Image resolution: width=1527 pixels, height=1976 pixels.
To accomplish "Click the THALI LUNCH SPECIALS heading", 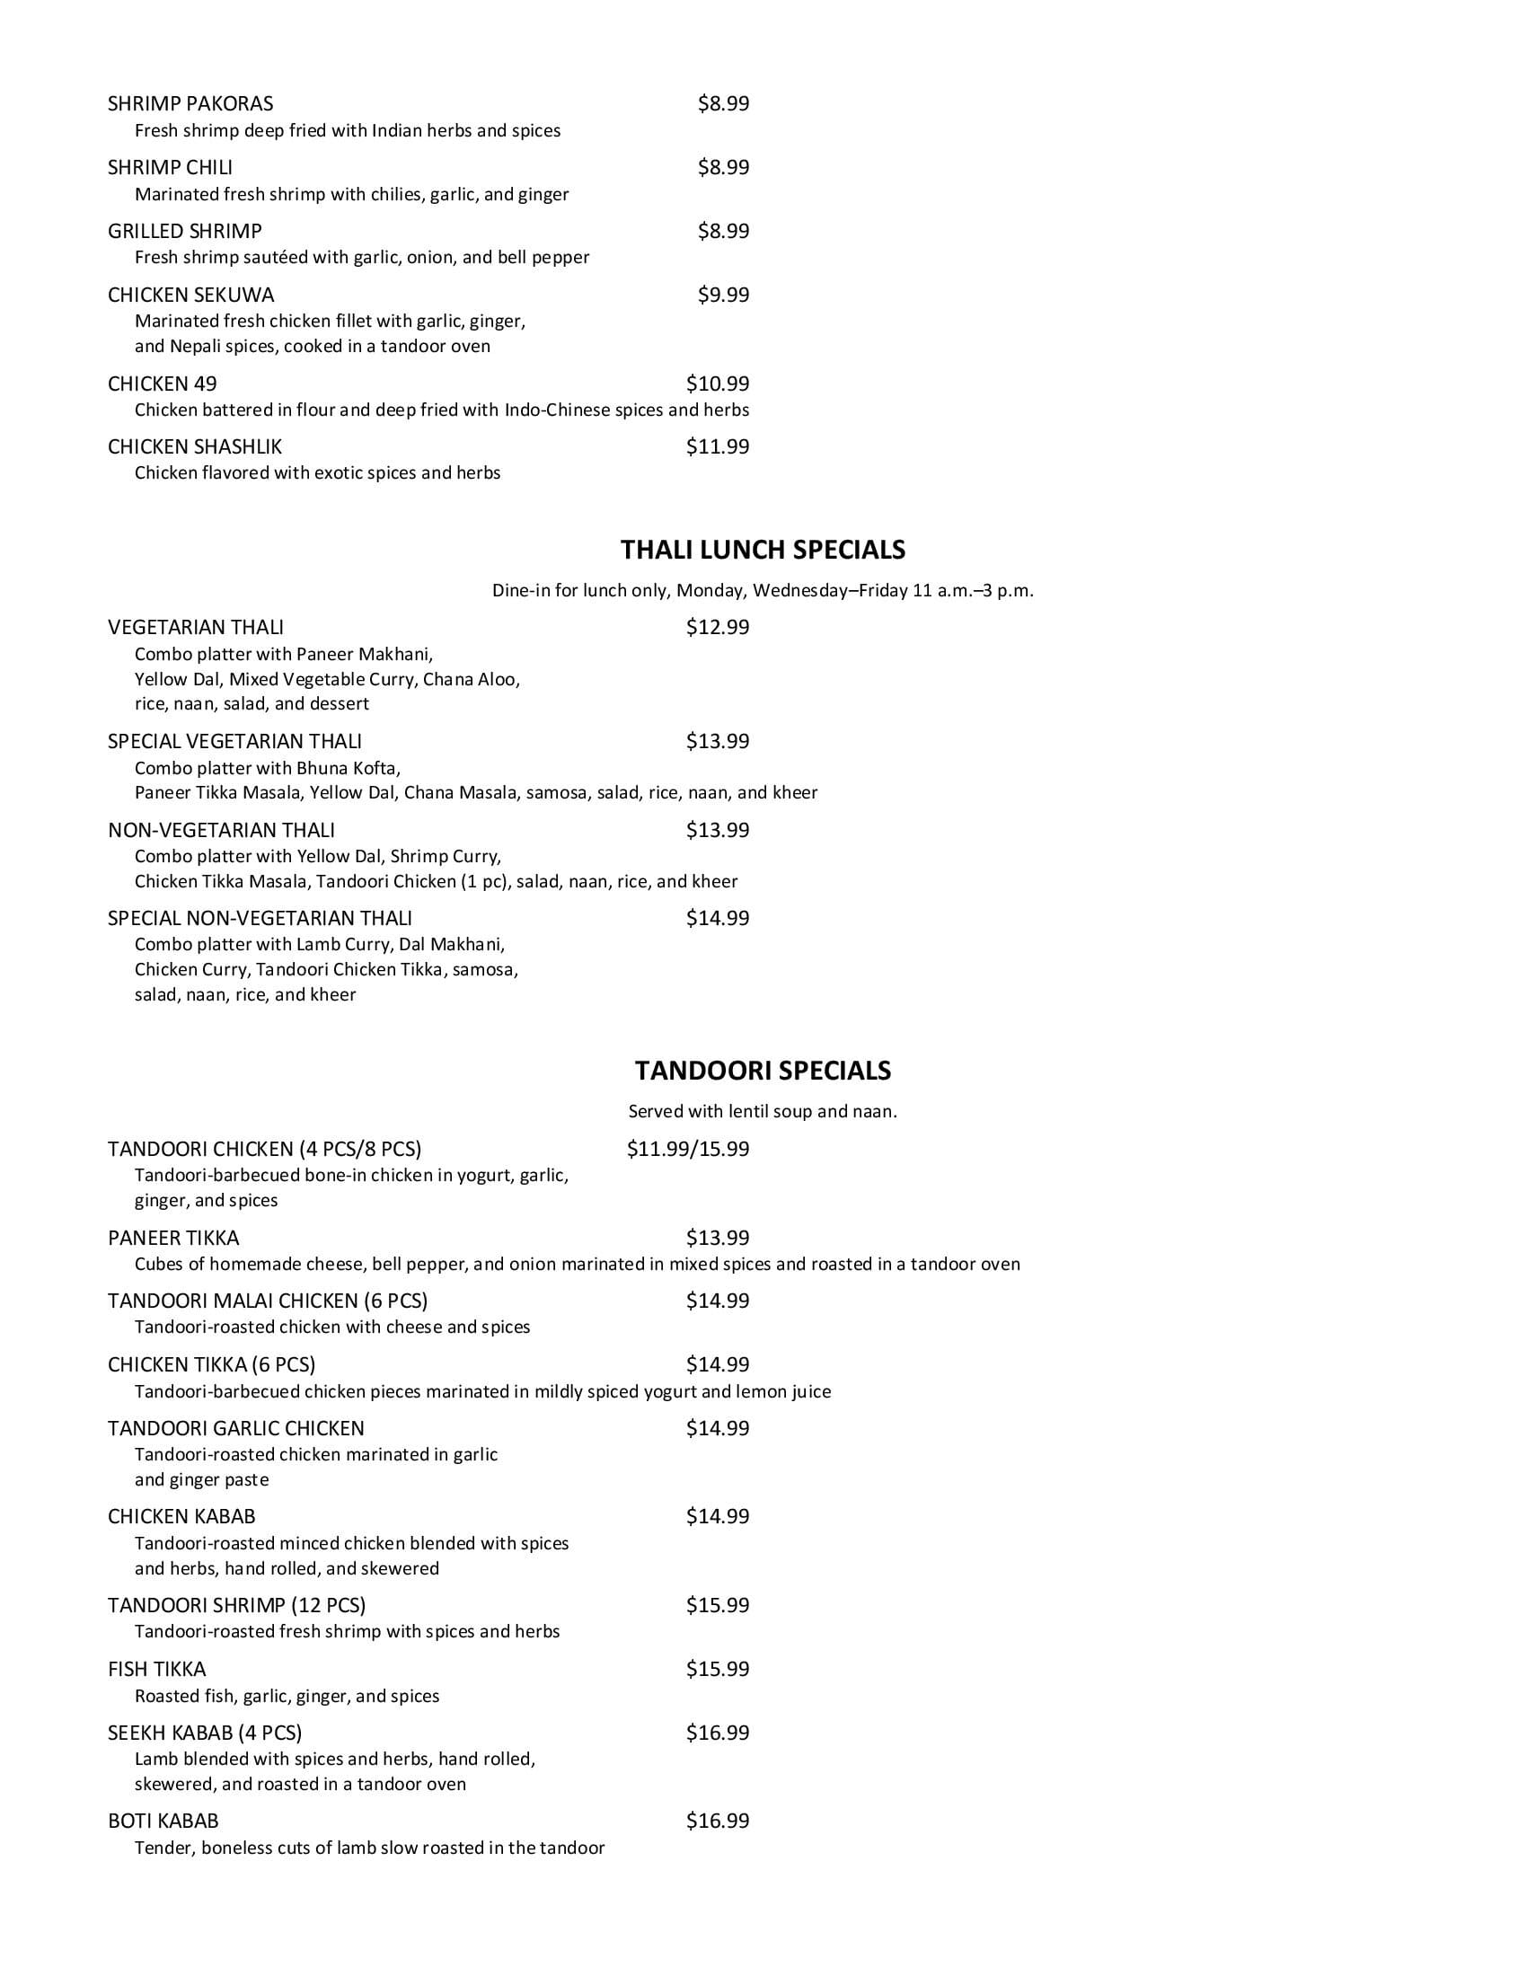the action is (763, 549).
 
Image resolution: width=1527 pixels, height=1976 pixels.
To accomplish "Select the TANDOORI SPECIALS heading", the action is (763, 1071).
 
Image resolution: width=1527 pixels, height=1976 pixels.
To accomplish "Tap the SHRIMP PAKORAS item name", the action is (190, 103).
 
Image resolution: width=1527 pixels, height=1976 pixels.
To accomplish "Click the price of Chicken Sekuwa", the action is (723, 294).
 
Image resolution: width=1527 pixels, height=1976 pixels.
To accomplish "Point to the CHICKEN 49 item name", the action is (162, 384).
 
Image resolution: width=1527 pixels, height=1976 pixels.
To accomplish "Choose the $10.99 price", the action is (718, 383).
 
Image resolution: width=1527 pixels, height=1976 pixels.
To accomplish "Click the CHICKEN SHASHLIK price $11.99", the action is (718, 446).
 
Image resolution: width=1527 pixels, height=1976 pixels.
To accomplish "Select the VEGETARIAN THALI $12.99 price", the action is (718, 627).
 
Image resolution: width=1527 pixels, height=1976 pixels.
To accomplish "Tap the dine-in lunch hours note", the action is (763, 591).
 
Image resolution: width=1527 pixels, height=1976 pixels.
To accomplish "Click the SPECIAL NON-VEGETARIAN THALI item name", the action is (260, 918).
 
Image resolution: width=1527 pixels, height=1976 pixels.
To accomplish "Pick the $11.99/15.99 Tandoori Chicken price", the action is (687, 1149).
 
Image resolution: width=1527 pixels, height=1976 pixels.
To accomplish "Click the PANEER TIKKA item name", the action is (173, 1238).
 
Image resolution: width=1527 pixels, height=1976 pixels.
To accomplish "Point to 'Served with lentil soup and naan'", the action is (763, 1111).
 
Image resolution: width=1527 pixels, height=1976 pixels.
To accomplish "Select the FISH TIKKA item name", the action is (156, 1670).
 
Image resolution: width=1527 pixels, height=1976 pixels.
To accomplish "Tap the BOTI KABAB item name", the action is (163, 1822).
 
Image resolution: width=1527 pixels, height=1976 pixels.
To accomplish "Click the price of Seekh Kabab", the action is (718, 1733).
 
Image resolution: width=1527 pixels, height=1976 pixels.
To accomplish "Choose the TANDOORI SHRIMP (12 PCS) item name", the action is (237, 1605).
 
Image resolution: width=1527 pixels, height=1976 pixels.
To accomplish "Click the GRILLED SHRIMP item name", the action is (184, 231).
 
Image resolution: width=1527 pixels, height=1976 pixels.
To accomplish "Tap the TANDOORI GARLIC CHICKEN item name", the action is (236, 1429).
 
